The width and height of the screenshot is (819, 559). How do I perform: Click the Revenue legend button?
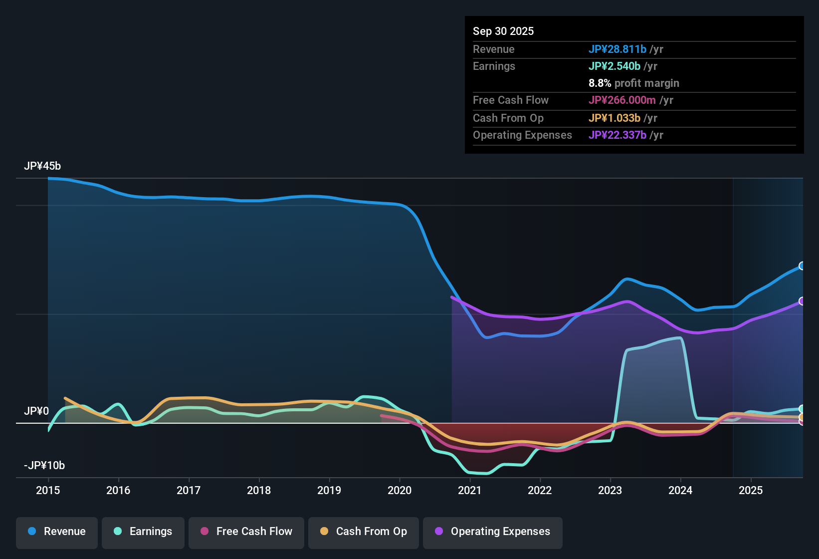pyautogui.click(x=57, y=532)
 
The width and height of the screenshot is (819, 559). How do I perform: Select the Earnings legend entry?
pyautogui.click(x=143, y=532)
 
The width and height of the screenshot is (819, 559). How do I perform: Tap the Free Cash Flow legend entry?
pyautogui.click(x=246, y=532)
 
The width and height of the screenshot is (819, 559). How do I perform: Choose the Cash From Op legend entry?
pyautogui.click(x=364, y=532)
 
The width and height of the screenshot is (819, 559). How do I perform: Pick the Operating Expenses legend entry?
pyautogui.click(x=493, y=532)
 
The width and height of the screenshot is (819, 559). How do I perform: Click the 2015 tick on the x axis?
pyautogui.click(x=48, y=490)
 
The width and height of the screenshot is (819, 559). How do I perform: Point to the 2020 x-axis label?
pyautogui.click(x=400, y=490)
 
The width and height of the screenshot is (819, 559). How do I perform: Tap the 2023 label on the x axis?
pyautogui.click(x=610, y=490)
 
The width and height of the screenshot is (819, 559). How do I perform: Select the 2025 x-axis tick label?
pyautogui.click(x=751, y=490)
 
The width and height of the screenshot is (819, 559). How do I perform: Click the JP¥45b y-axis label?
pyautogui.click(x=42, y=166)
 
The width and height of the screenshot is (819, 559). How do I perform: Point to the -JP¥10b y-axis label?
pyautogui.click(x=44, y=466)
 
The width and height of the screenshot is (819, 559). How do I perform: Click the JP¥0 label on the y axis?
pyautogui.click(x=36, y=411)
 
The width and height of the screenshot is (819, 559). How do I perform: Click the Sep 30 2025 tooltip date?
pyautogui.click(x=503, y=31)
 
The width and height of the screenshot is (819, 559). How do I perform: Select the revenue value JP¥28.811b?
pyautogui.click(x=617, y=49)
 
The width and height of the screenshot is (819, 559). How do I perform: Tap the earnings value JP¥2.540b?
pyautogui.click(x=614, y=66)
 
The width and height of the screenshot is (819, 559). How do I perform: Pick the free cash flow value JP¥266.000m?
pyautogui.click(x=622, y=100)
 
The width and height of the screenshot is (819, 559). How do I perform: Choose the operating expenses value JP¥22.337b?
pyautogui.click(x=617, y=135)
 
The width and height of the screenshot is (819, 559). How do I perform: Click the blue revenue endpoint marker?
pyautogui.click(x=802, y=266)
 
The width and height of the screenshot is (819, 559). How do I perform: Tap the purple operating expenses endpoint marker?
pyautogui.click(x=802, y=301)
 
